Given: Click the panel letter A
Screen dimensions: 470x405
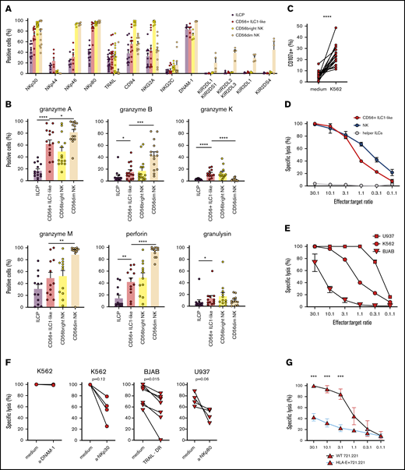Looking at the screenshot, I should coord(7,6).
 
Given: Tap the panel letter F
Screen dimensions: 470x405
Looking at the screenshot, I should coord(7,339).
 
